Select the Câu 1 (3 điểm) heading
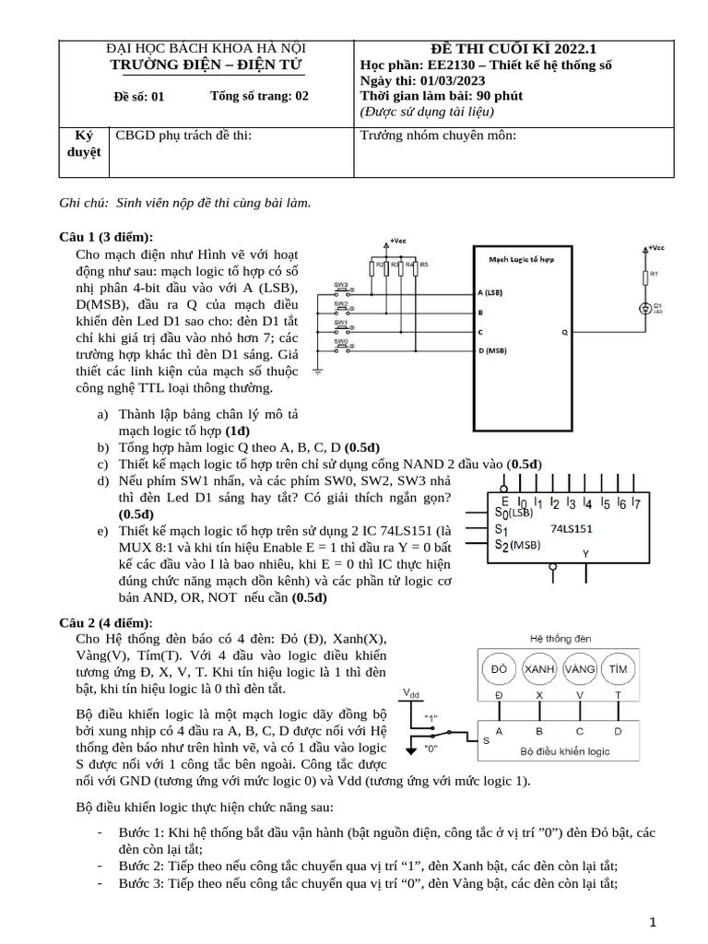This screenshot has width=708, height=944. point(106,237)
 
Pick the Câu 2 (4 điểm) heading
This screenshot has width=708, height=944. point(106,622)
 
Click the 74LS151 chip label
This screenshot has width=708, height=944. point(571,528)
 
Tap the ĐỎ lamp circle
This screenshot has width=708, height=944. point(500,667)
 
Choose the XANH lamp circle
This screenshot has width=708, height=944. point(539,667)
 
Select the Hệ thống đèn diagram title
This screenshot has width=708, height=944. point(560,638)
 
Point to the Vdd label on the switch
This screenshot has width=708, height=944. point(410,692)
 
